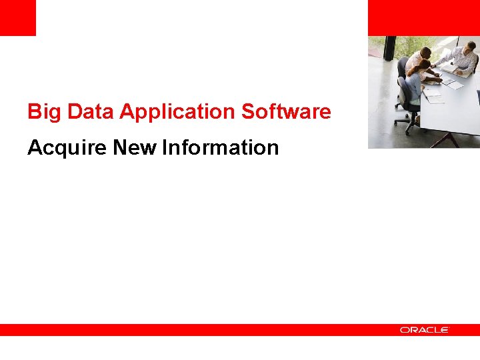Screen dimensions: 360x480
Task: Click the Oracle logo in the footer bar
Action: click(x=424, y=330)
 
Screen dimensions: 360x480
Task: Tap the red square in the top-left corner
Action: click(x=17, y=17)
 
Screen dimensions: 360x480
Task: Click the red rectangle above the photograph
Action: click(x=423, y=17)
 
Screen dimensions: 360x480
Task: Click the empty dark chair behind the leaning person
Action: click(x=403, y=67)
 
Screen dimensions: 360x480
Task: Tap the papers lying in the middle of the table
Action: click(x=453, y=84)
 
